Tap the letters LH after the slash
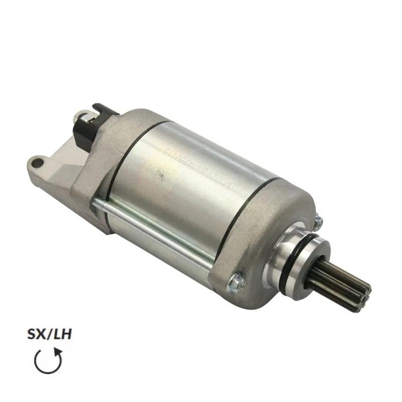click(60, 335)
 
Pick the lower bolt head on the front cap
click(236, 284)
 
